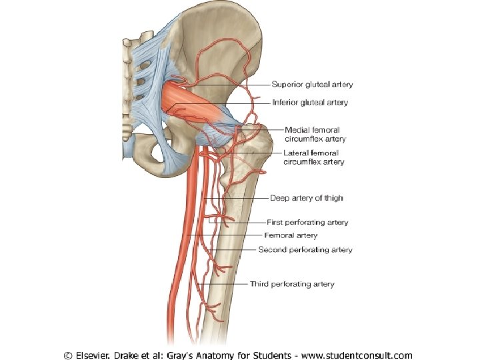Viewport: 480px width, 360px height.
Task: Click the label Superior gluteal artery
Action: [312, 85]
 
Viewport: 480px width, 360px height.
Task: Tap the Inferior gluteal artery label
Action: [310, 103]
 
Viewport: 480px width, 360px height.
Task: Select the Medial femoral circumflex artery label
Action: [312, 134]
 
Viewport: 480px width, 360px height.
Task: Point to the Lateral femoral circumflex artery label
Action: [313, 157]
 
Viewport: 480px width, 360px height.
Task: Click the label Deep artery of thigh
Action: [306, 198]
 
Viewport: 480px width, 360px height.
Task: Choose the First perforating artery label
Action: [307, 222]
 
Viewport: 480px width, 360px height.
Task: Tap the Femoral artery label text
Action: [291, 235]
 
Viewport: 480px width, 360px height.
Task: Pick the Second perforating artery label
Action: [305, 250]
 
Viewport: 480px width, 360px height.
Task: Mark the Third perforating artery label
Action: [292, 284]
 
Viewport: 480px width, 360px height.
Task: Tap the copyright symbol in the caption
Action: [69, 355]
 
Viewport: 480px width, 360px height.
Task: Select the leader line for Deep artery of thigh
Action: [247, 198]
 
